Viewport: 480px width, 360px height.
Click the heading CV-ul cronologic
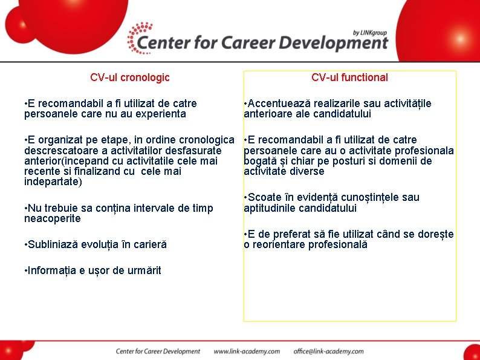tap(129, 77)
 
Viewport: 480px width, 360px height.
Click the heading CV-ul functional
tap(349, 77)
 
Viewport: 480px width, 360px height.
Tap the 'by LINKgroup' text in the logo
tap(370, 33)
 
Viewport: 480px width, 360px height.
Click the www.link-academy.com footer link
tap(247, 351)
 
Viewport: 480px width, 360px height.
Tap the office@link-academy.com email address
tap(328, 351)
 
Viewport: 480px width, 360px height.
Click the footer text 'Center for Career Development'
tap(158, 351)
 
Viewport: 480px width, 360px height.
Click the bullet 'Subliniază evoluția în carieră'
tap(95, 244)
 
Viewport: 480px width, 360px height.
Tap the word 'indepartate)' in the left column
tap(53, 182)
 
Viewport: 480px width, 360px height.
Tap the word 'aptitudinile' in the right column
tap(270, 208)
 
